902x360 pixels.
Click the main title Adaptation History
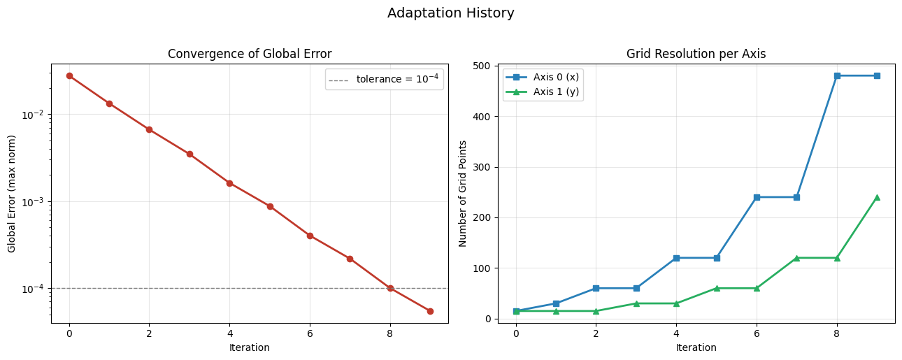coord(450,13)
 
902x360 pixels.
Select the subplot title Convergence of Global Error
coord(250,54)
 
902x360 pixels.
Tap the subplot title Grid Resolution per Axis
coord(696,54)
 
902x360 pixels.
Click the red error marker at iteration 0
coord(69,75)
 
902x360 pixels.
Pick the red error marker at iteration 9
coord(430,311)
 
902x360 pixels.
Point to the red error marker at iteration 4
coord(229,183)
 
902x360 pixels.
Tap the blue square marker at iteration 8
coord(837,75)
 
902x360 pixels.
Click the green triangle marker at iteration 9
coord(877,197)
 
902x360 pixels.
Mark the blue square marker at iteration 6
coord(757,197)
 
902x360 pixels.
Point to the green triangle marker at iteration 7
coord(796,258)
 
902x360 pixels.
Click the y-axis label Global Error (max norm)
coord(12,193)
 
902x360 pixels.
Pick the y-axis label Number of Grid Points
coord(462,193)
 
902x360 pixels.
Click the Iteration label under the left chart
coord(250,347)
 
